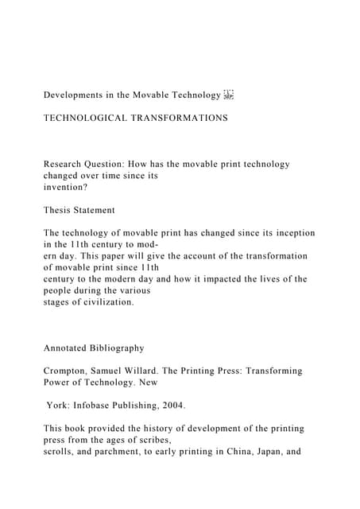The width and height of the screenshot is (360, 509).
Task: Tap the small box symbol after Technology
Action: click(229, 95)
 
